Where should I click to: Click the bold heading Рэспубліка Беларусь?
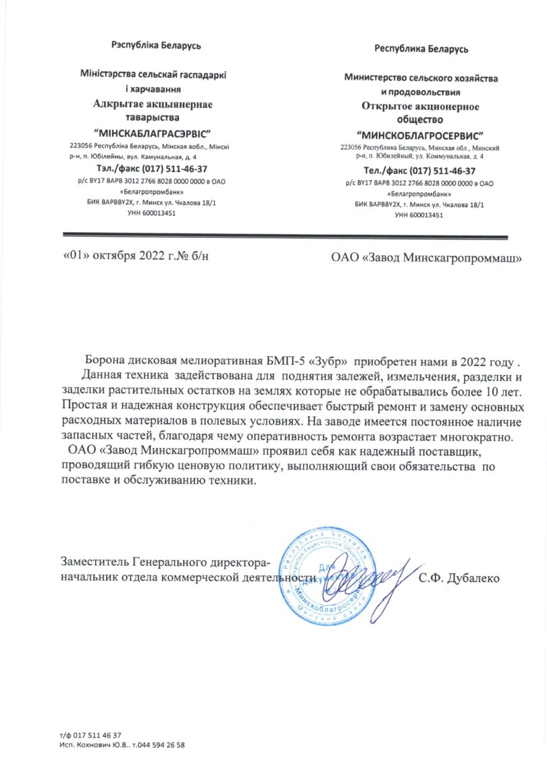click(156, 46)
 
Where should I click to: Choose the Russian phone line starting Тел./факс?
click(419, 171)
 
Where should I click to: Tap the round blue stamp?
click(326, 573)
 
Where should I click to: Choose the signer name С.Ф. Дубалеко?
click(459, 578)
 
